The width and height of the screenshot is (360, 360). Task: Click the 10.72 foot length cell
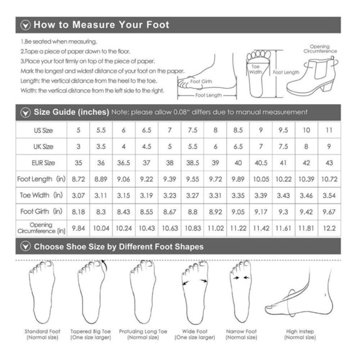point(329,179)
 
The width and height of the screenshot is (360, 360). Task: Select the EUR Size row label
point(43,163)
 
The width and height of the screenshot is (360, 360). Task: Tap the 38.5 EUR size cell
point(192,163)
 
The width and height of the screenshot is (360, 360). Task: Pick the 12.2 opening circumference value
point(329,228)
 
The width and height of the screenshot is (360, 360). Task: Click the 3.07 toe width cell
point(78,196)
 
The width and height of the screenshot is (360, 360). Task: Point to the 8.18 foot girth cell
point(78,212)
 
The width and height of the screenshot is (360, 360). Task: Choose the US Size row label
point(43,130)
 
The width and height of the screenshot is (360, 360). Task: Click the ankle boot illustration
point(312,76)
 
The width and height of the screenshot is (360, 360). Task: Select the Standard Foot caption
point(42,335)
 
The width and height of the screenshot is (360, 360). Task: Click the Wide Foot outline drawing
point(195,293)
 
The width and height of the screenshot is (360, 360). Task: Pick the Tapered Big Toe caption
point(91,335)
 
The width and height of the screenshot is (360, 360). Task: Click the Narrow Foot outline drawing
point(241,291)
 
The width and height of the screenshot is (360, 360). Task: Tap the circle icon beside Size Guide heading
point(25,112)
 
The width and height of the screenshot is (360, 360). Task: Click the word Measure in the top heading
point(94,25)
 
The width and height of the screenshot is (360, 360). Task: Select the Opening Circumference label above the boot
point(320,49)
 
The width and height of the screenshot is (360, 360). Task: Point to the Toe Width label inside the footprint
point(256,69)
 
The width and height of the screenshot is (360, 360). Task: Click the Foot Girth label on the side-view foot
point(201,81)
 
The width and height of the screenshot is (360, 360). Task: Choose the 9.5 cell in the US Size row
point(283,130)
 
